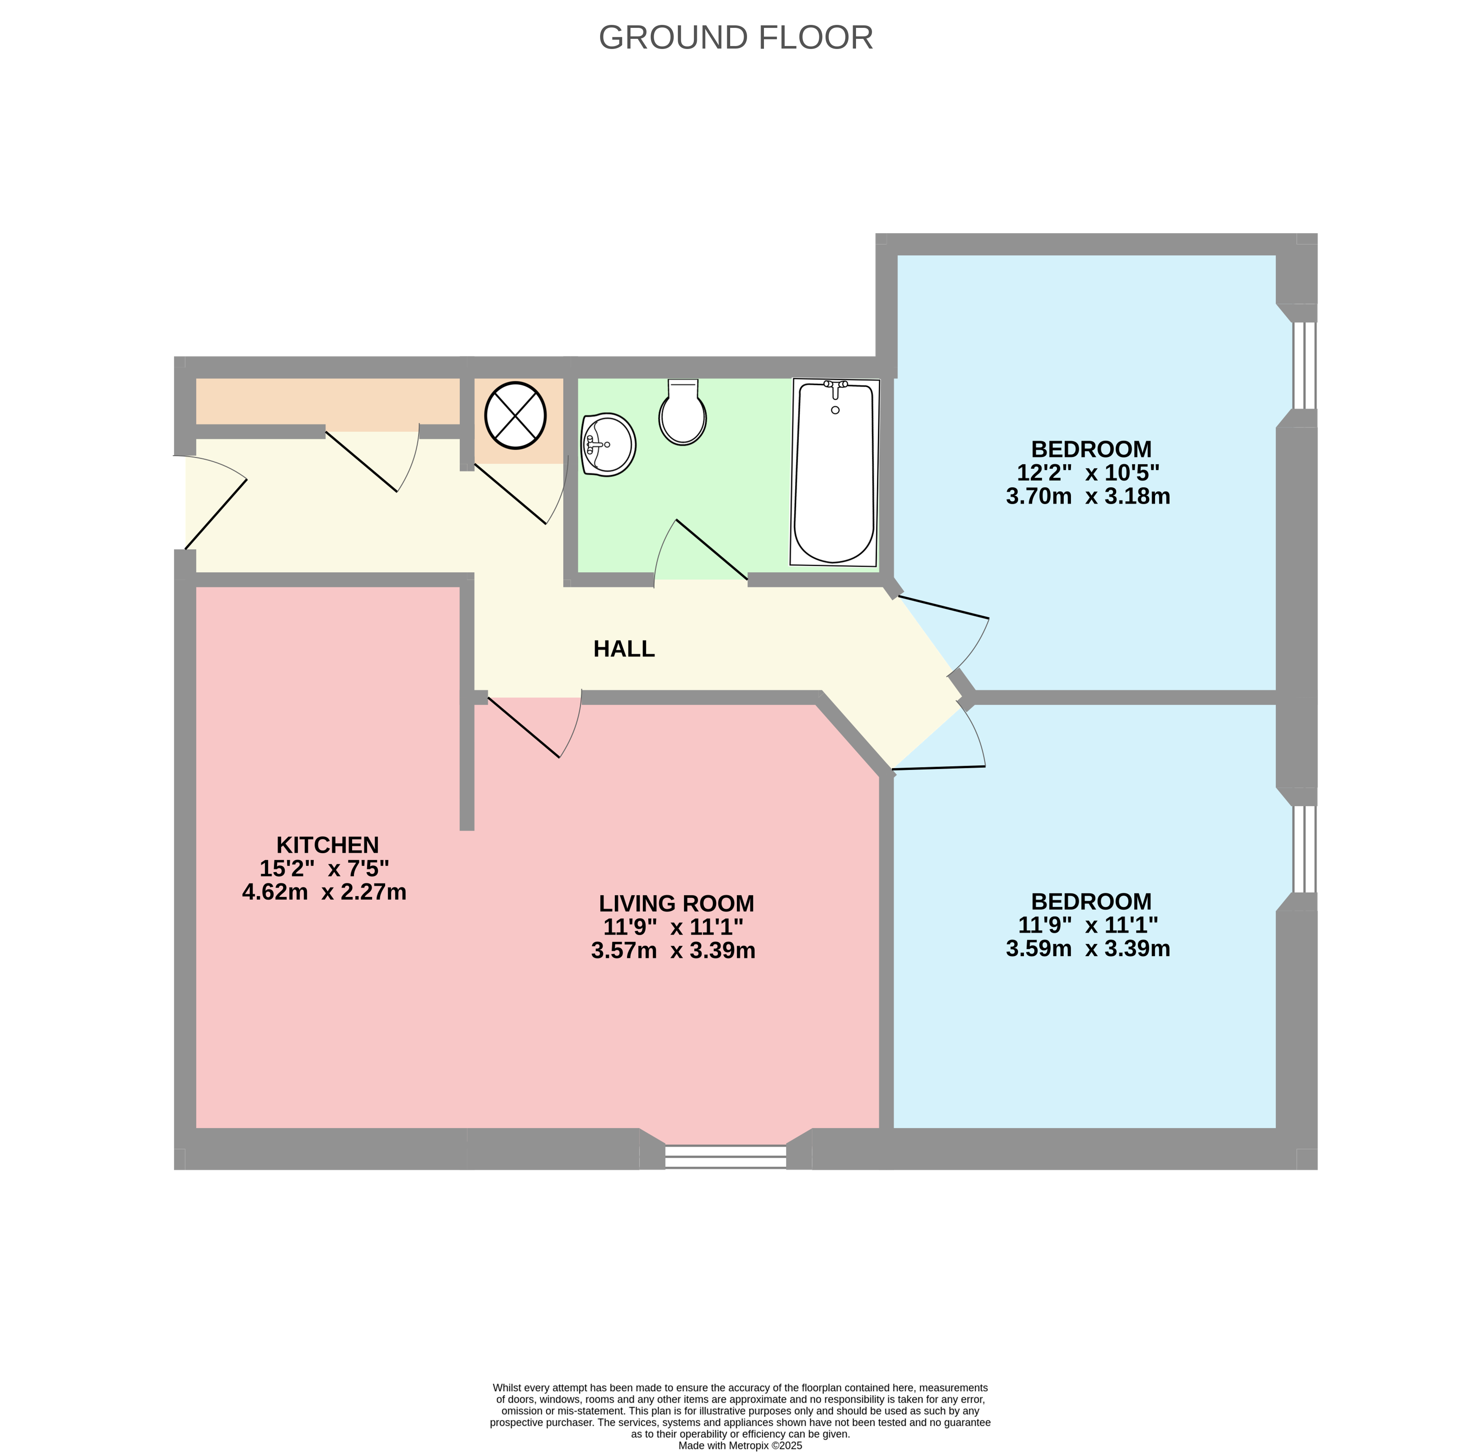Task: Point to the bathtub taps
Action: coord(835,386)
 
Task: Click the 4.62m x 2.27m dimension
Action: coord(324,892)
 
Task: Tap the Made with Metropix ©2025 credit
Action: coord(740,1445)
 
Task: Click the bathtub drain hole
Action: coord(835,410)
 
